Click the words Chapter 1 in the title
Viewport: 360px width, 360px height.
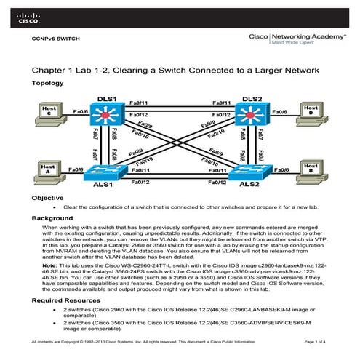tap(53, 70)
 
